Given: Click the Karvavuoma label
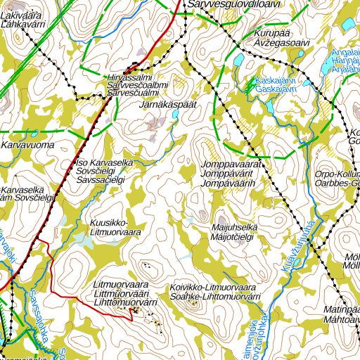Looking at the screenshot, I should [27, 146].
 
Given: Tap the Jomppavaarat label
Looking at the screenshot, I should [231, 164].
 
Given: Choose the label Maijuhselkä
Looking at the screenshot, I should [234, 228].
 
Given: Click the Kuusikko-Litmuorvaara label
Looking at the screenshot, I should [117, 224].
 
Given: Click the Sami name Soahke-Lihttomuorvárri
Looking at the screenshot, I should [215, 297].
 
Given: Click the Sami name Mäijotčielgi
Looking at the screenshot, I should [235, 237].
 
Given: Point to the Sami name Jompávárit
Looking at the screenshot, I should [231, 173].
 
